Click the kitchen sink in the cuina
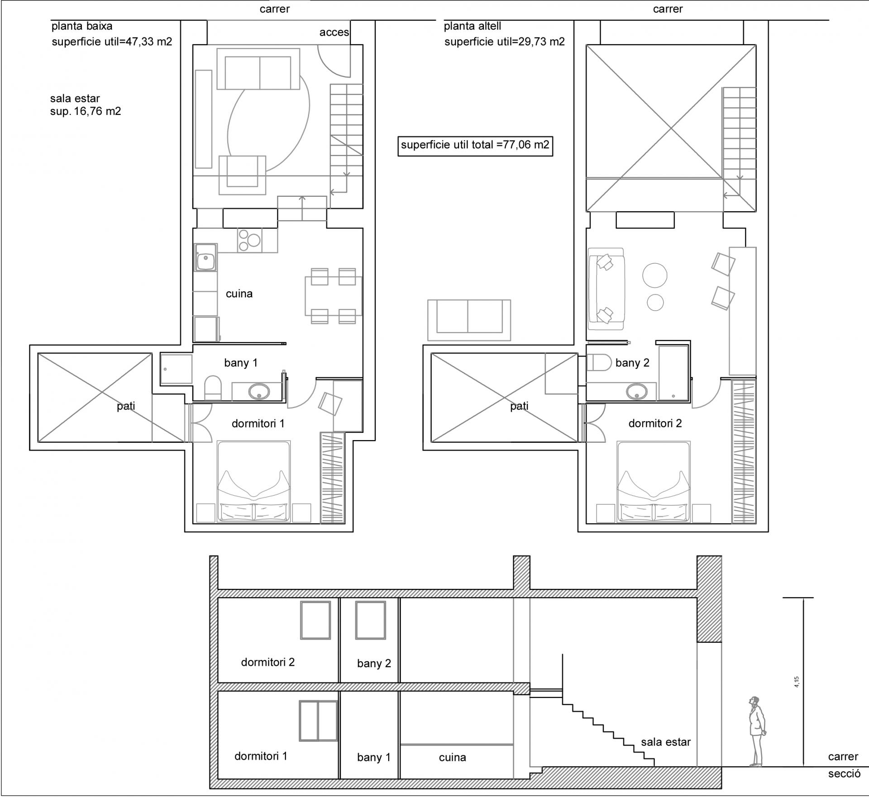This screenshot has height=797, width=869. (x=205, y=258)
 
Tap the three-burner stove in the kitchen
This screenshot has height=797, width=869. (x=249, y=240)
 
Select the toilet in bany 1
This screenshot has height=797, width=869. (x=213, y=388)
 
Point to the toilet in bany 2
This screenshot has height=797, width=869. (x=599, y=362)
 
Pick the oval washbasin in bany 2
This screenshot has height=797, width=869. (x=637, y=391)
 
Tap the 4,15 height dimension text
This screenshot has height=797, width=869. (x=796, y=682)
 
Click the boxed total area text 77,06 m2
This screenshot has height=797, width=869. (x=475, y=145)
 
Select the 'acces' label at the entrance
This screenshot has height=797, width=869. (x=334, y=32)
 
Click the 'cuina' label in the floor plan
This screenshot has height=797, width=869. (x=239, y=294)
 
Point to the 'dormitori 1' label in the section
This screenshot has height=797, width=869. (x=261, y=756)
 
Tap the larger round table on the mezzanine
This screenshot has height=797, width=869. (x=654, y=275)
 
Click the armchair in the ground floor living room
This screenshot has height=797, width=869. (x=242, y=175)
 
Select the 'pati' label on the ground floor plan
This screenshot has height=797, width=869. (x=126, y=406)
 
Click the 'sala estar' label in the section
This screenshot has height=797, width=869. (x=666, y=742)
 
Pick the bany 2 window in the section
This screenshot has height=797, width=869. (x=370, y=620)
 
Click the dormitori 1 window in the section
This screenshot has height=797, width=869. (x=318, y=721)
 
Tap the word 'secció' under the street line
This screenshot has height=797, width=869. (x=844, y=786)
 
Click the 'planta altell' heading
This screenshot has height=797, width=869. (x=472, y=26)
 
